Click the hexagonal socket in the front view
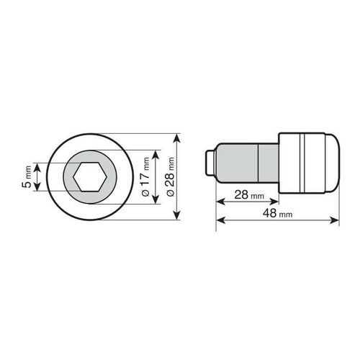pos(90,177)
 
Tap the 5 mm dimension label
pos(27,177)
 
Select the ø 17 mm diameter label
pos(146,177)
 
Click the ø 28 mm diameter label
pos(170,177)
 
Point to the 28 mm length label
pos(249,194)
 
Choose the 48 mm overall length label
pos(277,213)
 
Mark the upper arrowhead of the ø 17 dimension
pos(156,156)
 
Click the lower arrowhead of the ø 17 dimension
pos(156,199)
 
